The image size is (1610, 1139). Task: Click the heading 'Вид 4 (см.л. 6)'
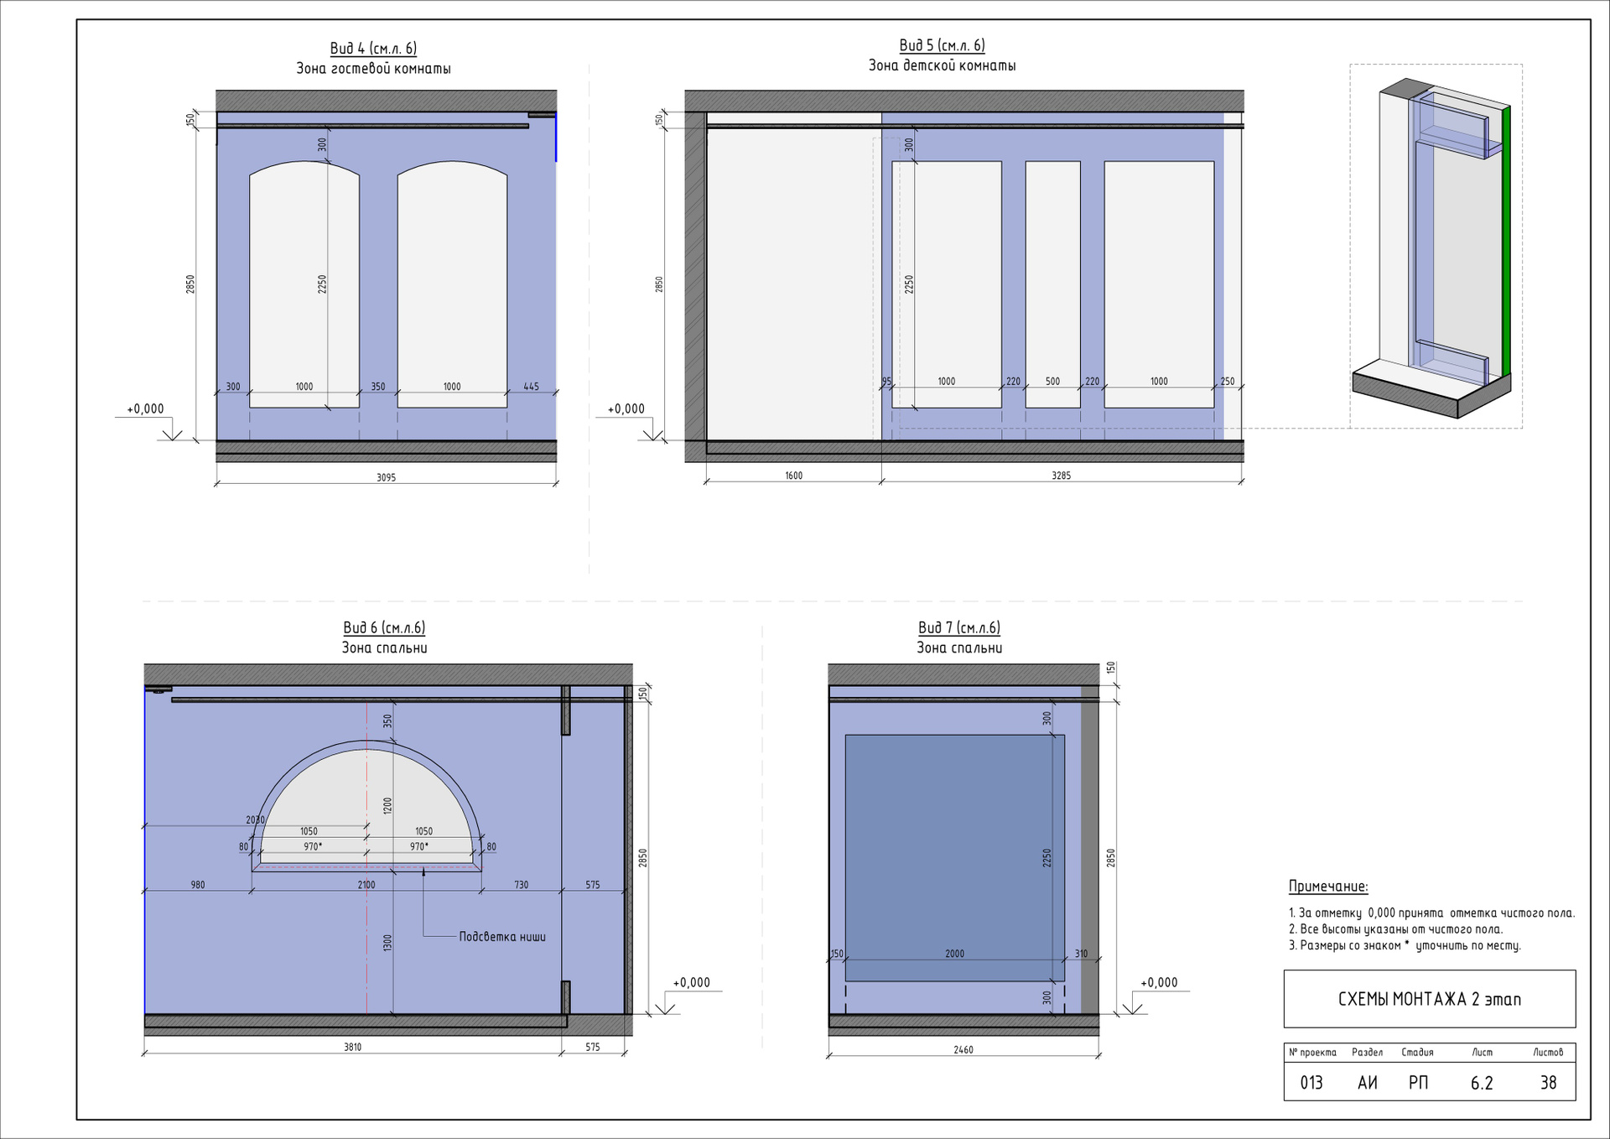(x=373, y=49)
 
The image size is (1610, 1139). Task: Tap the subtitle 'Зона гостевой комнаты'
(x=373, y=69)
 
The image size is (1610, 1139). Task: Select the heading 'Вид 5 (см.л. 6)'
(x=942, y=45)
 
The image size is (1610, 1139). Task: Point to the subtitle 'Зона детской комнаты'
(x=942, y=65)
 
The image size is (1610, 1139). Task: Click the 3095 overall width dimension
(x=386, y=477)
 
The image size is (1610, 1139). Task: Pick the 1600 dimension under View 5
(x=793, y=476)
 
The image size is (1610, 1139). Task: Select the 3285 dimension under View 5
(x=1061, y=476)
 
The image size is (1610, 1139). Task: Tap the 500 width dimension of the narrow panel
(x=1052, y=382)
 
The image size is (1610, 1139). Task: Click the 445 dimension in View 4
(x=531, y=387)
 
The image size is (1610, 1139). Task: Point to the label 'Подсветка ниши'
(x=502, y=937)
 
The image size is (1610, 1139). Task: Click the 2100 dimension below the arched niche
(x=366, y=885)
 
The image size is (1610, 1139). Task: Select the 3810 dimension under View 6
(x=352, y=1047)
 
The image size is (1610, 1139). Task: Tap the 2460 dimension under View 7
(x=963, y=1049)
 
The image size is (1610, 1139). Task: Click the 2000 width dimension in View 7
(x=954, y=954)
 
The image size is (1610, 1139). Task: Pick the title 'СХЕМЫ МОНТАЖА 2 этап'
(x=1429, y=999)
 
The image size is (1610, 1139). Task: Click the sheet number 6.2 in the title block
(x=1482, y=1083)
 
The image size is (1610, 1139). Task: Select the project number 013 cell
(x=1311, y=1083)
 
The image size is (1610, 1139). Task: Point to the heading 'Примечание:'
(x=1328, y=887)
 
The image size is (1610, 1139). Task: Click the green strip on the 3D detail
(x=1506, y=243)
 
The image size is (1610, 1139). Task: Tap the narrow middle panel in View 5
(x=1052, y=284)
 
